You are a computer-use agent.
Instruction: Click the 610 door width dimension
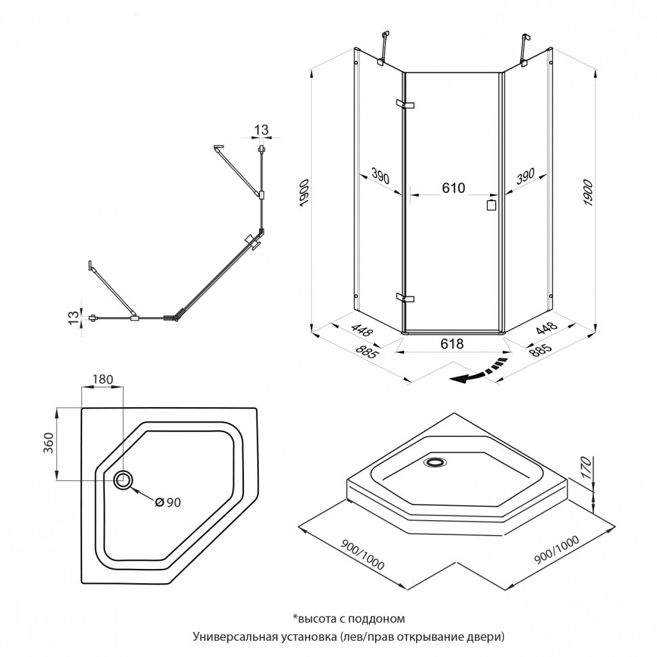coord(453,188)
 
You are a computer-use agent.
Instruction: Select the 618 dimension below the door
coord(452,343)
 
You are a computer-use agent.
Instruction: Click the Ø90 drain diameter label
coord(167,502)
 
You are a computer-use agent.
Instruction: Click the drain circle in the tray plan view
coord(123,480)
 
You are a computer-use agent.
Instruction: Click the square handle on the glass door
coord(492,205)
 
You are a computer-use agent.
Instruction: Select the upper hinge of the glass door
coord(406,104)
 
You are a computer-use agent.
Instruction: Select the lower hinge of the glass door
coord(406,297)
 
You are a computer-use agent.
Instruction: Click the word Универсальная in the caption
coord(230,637)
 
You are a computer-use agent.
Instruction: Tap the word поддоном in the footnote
coord(381,618)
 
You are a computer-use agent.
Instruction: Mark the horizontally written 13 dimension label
coord(261,129)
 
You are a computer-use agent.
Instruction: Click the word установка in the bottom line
coord(299,637)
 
